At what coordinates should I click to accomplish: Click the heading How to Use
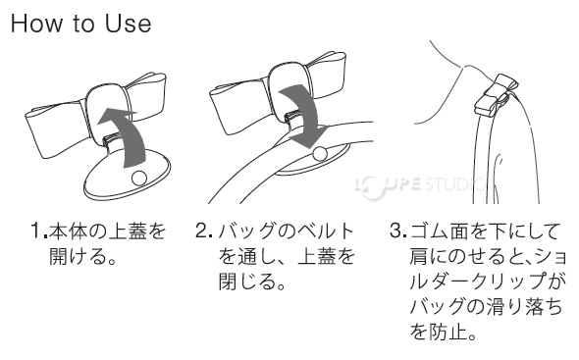(x=81, y=24)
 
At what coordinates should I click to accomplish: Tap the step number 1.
(x=36, y=233)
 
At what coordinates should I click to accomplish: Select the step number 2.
(x=202, y=233)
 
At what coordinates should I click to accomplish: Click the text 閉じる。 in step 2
(x=252, y=284)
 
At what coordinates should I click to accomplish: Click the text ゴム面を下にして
(x=482, y=233)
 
